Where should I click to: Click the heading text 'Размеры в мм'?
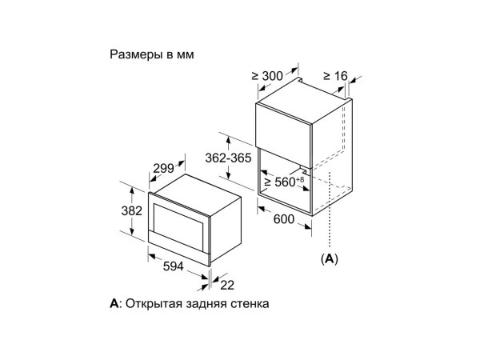pos(152,54)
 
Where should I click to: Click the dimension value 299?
pos(163,168)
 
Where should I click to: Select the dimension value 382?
pos(132,211)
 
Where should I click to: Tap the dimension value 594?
pos(174,266)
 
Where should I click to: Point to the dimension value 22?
pos(227,286)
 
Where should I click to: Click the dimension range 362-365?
pos(228,158)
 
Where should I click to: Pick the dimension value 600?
pos(283,219)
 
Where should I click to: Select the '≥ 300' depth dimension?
pos(267,76)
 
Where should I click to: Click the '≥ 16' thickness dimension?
pos(335,76)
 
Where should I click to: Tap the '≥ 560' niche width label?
pos(279,182)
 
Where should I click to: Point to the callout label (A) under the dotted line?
pos(330,259)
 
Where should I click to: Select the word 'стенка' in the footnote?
pos(250,304)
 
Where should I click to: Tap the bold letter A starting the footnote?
pos(114,304)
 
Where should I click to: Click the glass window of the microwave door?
pos(178,224)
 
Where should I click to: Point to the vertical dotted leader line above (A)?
pos(330,210)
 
